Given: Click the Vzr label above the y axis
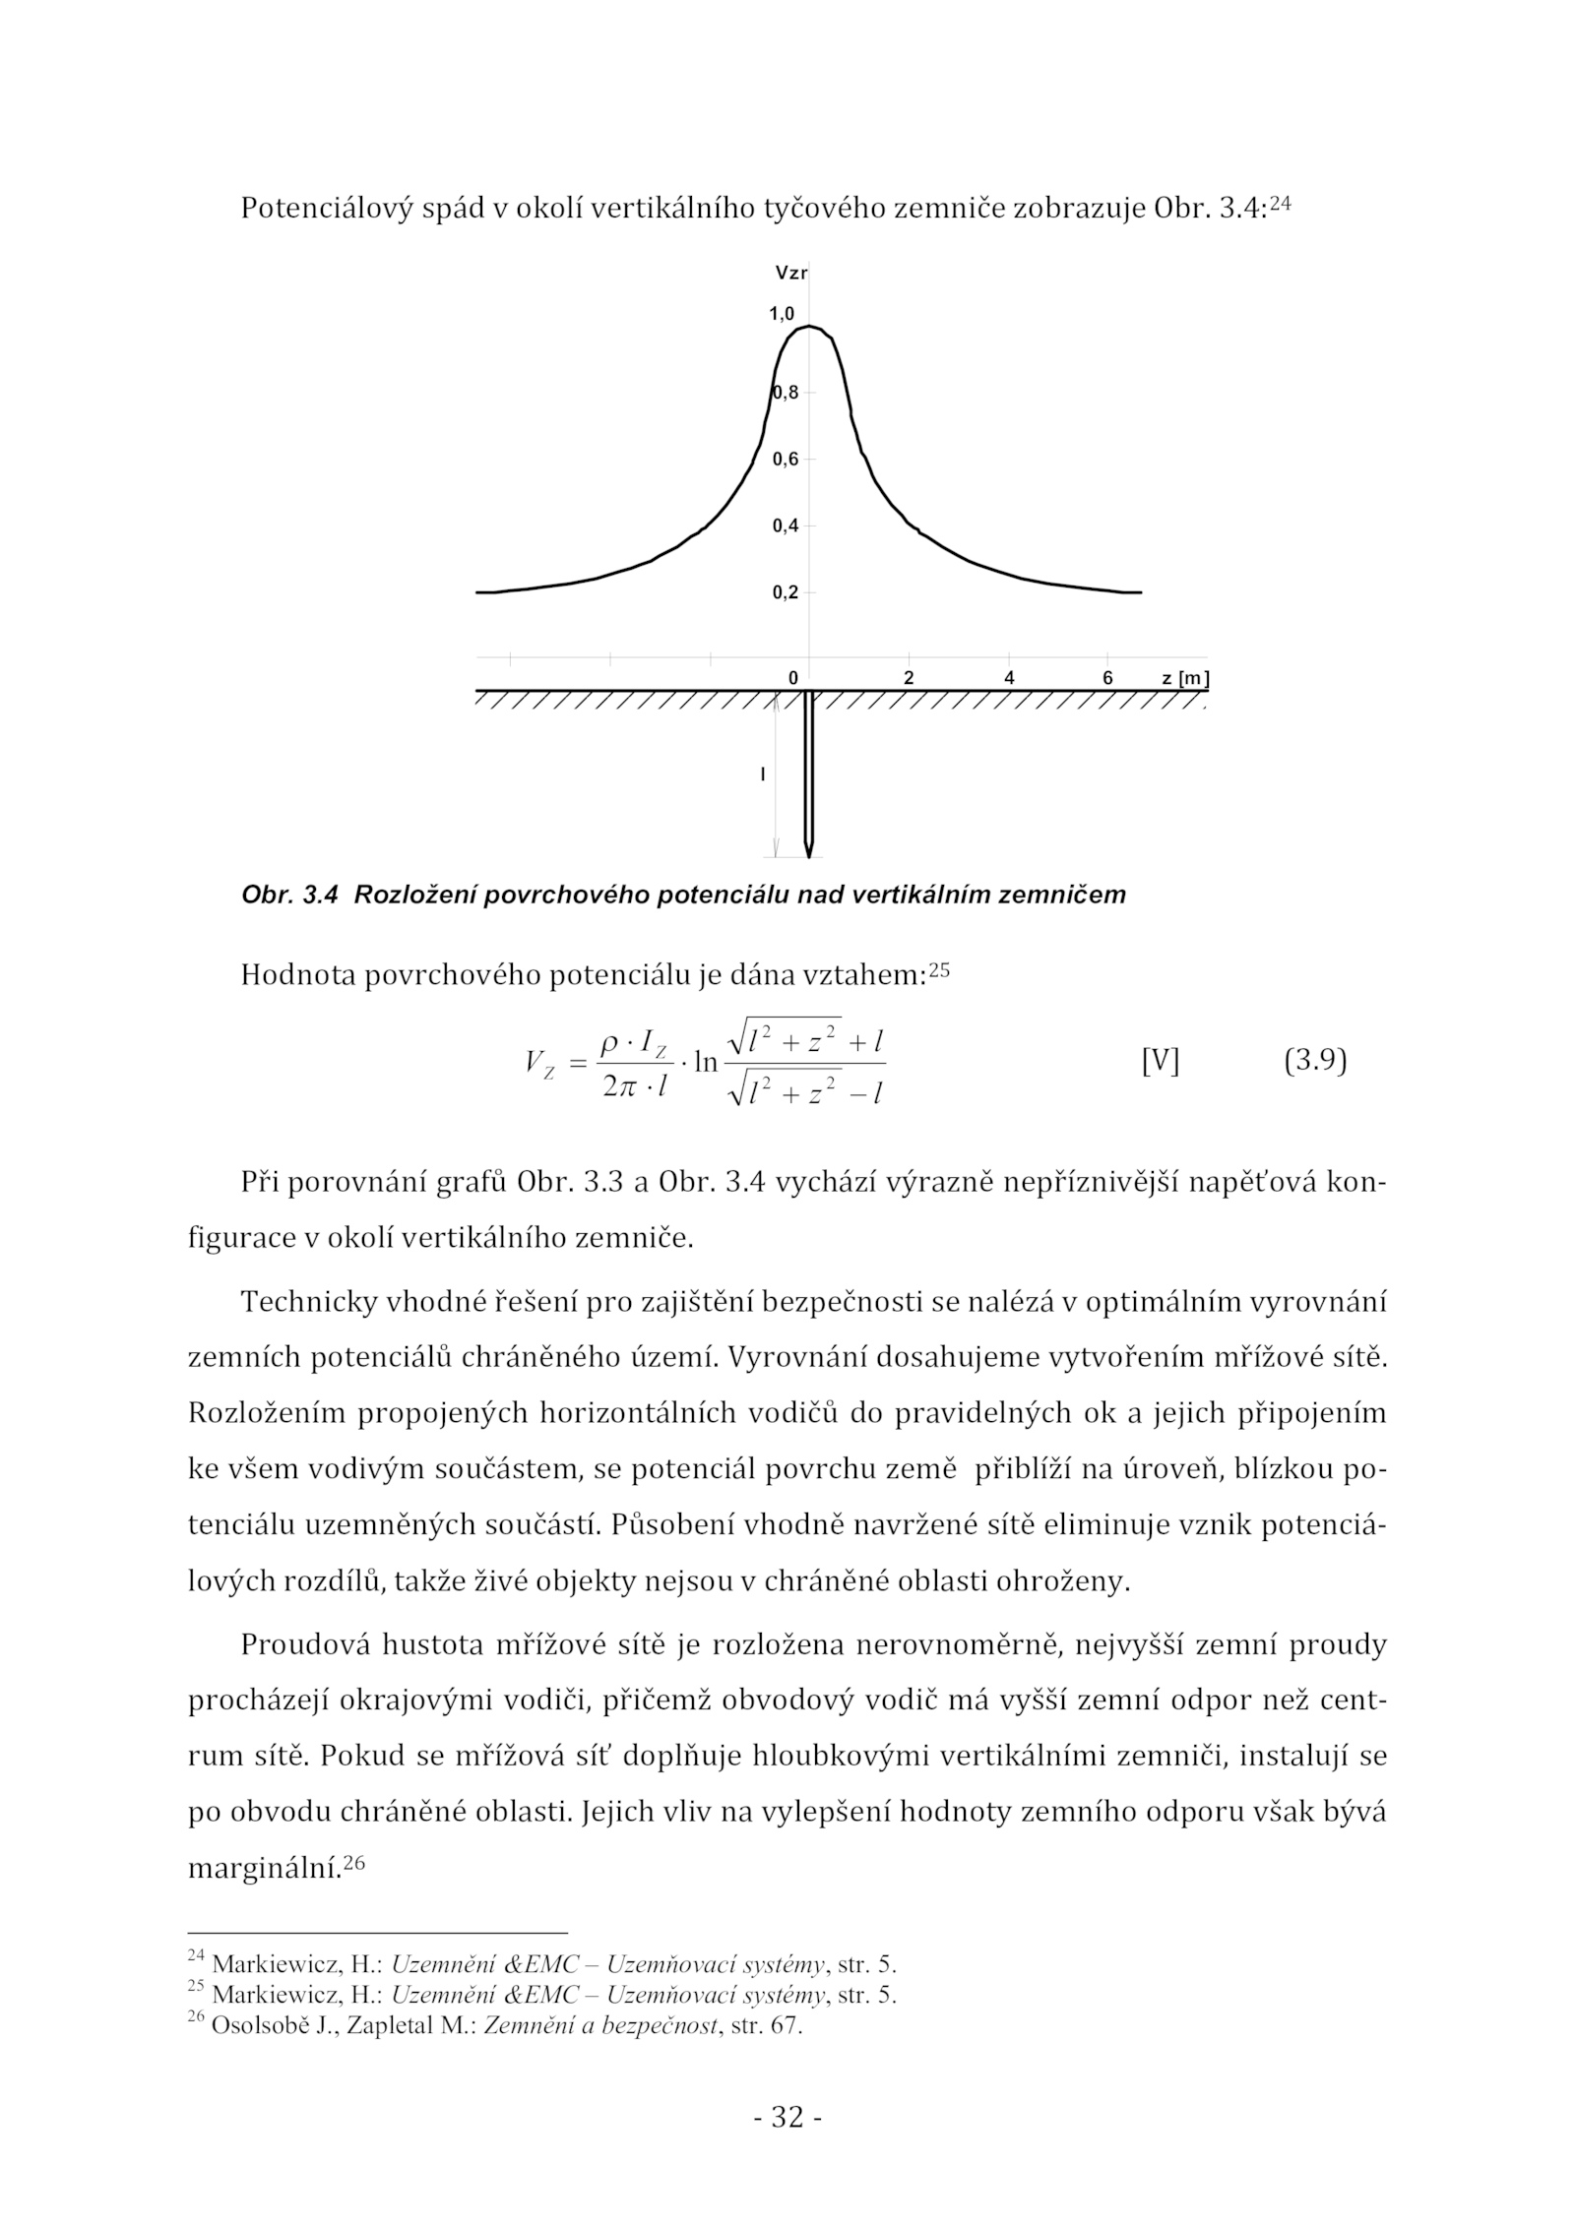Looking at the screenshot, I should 790,273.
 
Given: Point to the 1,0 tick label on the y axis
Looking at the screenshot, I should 782,314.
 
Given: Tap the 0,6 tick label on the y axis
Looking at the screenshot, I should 785,459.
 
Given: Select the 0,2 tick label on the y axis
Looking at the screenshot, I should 785,592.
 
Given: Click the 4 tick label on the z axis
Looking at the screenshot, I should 1009,678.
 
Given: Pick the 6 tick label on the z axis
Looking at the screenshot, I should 1107,678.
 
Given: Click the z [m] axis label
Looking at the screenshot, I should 1184,678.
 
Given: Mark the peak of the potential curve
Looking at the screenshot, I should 809,326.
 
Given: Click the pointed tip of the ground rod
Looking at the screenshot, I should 809,855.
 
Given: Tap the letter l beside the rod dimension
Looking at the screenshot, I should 762,775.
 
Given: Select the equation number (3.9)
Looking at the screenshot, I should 1315,1062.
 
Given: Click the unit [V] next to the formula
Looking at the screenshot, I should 1160,1062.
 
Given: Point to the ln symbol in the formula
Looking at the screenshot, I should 706,1063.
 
